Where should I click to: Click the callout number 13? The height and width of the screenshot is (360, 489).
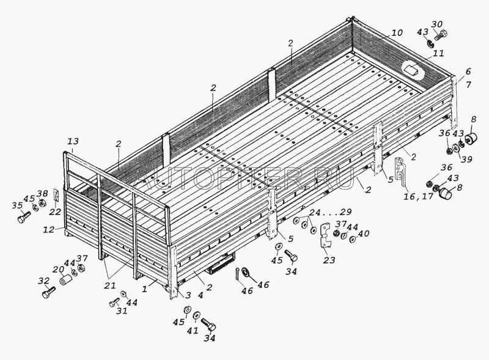tap(73, 142)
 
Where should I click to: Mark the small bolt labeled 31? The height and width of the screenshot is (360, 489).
tap(114, 303)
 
